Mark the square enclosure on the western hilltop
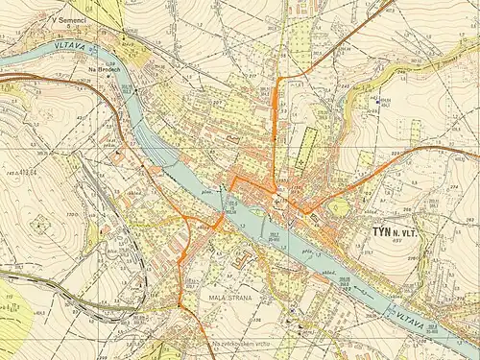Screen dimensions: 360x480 [41, 224]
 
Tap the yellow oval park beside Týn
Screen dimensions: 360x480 [339, 207]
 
